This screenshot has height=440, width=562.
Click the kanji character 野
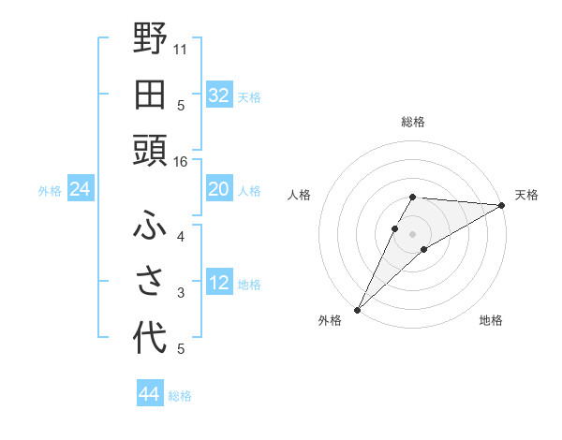pyautogui.click(x=150, y=40)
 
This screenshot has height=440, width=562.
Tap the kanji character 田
pyautogui.click(x=150, y=95)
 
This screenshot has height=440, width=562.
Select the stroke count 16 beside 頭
pyautogui.click(x=181, y=161)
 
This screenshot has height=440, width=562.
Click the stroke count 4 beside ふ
pyautogui.click(x=181, y=238)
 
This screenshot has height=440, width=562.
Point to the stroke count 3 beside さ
pyautogui.click(x=181, y=293)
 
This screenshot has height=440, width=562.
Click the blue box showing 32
pyautogui.click(x=218, y=95)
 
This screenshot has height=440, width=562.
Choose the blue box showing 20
pyautogui.click(x=218, y=189)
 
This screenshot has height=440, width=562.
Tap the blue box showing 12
pyautogui.click(x=218, y=283)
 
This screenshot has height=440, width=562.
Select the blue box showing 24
pyautogui.click(x=81, y=190)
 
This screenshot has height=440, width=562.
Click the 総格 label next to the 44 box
pyautogui.click(x=181, y=396)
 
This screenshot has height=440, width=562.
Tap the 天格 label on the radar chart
pyautogui.click(x=526, y=195)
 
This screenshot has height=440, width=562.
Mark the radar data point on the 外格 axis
pyautogui.click(x=358, y=310)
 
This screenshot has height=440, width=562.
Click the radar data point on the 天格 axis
pyautogui.click(x=502, y=205)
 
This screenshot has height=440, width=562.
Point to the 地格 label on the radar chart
pyautogui.click(x=491, y=320)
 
